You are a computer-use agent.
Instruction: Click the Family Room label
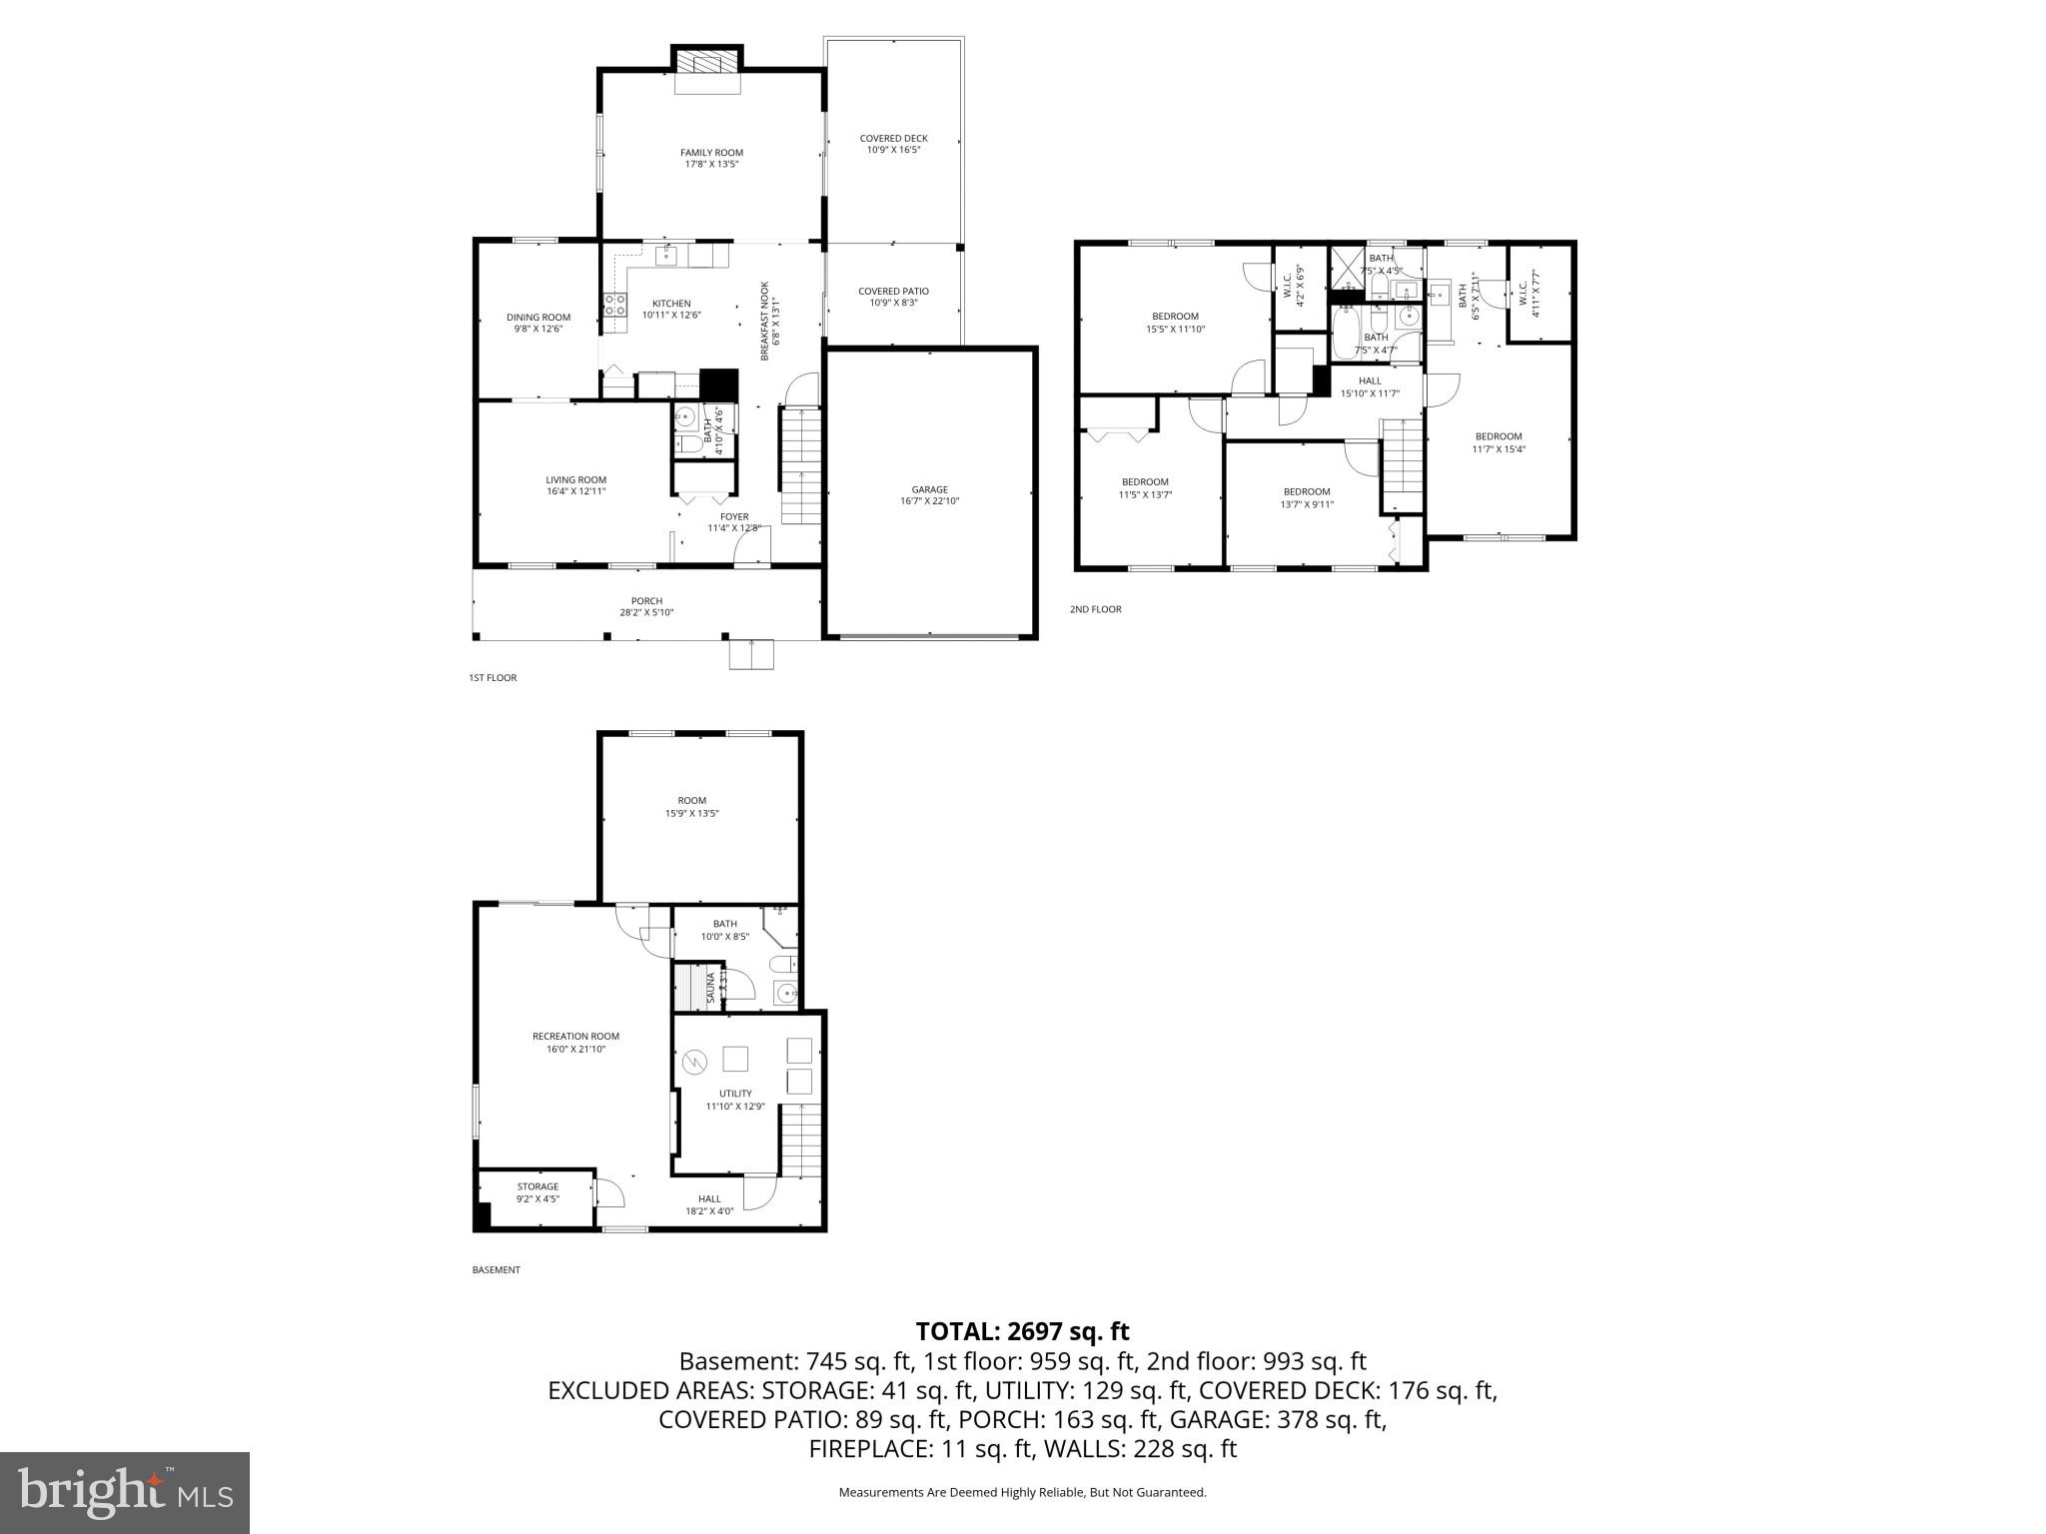point(711,153)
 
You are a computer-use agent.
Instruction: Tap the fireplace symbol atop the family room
point(707,63)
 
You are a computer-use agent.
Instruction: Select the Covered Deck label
point(893,139)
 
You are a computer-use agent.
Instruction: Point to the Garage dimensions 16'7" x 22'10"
point(929,501)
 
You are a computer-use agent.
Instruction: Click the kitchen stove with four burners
point(614,304)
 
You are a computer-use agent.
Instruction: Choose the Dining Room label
point(537,318)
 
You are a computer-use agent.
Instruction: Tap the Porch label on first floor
point(646,601)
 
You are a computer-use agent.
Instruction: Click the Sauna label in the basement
point(711,987)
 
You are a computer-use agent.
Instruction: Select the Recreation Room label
point(575,1036)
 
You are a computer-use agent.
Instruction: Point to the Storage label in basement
point(537,1186)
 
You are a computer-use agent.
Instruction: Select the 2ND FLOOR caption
point(1095,609)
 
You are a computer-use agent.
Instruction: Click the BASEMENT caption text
point(496,1270)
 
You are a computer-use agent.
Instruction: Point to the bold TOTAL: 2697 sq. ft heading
point(1022,1331)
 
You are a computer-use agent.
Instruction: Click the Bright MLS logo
point(125,1493)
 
